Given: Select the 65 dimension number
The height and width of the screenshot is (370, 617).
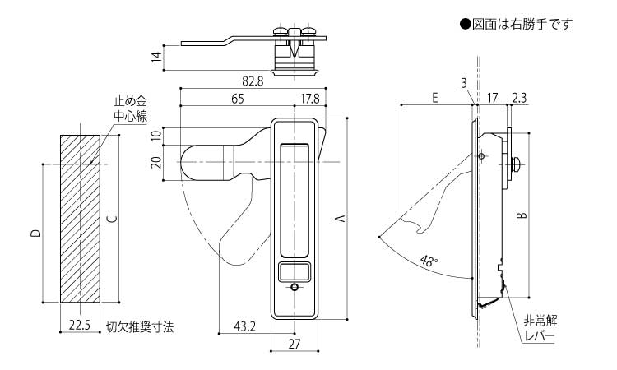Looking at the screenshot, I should pyautogui.click(x=237, y=99).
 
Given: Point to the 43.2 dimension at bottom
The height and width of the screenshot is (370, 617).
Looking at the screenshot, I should pyautogui.click(x=245, y=326).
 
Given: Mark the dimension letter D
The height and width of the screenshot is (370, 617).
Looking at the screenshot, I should pyautogui.click(x=35, y=234).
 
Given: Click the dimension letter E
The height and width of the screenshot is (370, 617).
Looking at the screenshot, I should pyautogui.click(x=434, y=97).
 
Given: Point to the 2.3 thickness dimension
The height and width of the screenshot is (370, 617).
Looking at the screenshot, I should pyautogui.click(x=519, y=97).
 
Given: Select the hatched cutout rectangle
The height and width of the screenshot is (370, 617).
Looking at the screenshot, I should pyautogui.click(x=80, y=218).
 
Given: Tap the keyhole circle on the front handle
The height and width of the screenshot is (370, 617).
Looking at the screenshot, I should pyautogui.click(x=295, y=287).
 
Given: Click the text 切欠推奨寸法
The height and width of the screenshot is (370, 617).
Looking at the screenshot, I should pyautogui.click(x=140, y=326).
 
